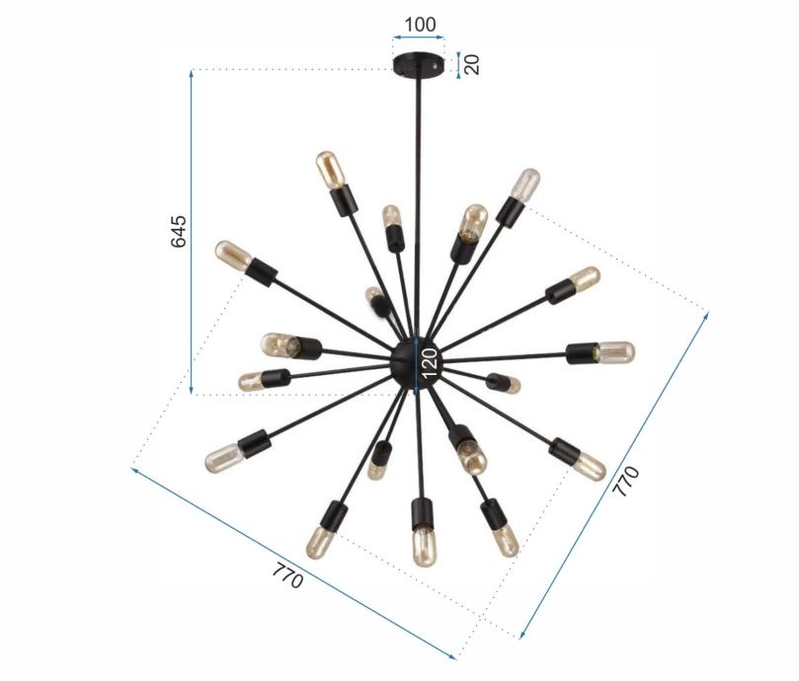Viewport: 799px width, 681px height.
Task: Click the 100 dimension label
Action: tap(420, 25)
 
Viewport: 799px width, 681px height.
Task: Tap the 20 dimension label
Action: tap(472, 65)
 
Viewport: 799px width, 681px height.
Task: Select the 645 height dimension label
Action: tap(178, 231)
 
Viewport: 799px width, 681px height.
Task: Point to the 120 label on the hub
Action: tap(430, 362)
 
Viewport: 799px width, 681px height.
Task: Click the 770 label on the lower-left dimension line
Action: tap(287, 575)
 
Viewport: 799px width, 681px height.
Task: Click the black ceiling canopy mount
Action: tap(418, 65)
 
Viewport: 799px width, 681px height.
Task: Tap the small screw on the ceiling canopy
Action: tap(435, 66)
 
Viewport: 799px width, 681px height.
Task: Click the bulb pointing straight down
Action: tap(425, 547)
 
